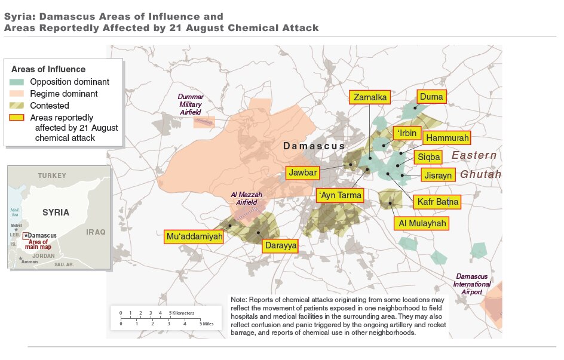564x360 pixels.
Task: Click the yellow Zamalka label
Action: (370, 98)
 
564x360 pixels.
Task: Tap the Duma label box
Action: (431, 97)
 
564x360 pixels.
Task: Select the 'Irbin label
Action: (407, 133)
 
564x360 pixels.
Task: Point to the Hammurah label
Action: (446, 138)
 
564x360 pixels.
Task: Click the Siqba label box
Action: (429, 158)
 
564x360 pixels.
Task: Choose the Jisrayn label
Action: (439, 176)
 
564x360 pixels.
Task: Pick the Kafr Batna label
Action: (437, 202)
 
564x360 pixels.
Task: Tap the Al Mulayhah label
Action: (421, 223)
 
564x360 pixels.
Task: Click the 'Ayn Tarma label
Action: (339, 195)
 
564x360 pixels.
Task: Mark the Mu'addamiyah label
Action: (194, 237)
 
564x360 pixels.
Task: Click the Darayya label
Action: (280, 245)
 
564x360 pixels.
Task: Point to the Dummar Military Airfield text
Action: (191, 104)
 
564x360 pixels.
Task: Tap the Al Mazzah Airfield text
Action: (246, 199)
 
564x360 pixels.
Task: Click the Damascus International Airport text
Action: (472, 284)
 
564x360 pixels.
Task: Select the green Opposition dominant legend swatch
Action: (18, 82)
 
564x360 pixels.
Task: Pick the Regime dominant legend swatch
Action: (18, 94)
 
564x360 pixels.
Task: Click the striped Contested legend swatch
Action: (18, 106)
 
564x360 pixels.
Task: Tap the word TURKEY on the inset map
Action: (53, 176)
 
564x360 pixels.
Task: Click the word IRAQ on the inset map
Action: (96, 232)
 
